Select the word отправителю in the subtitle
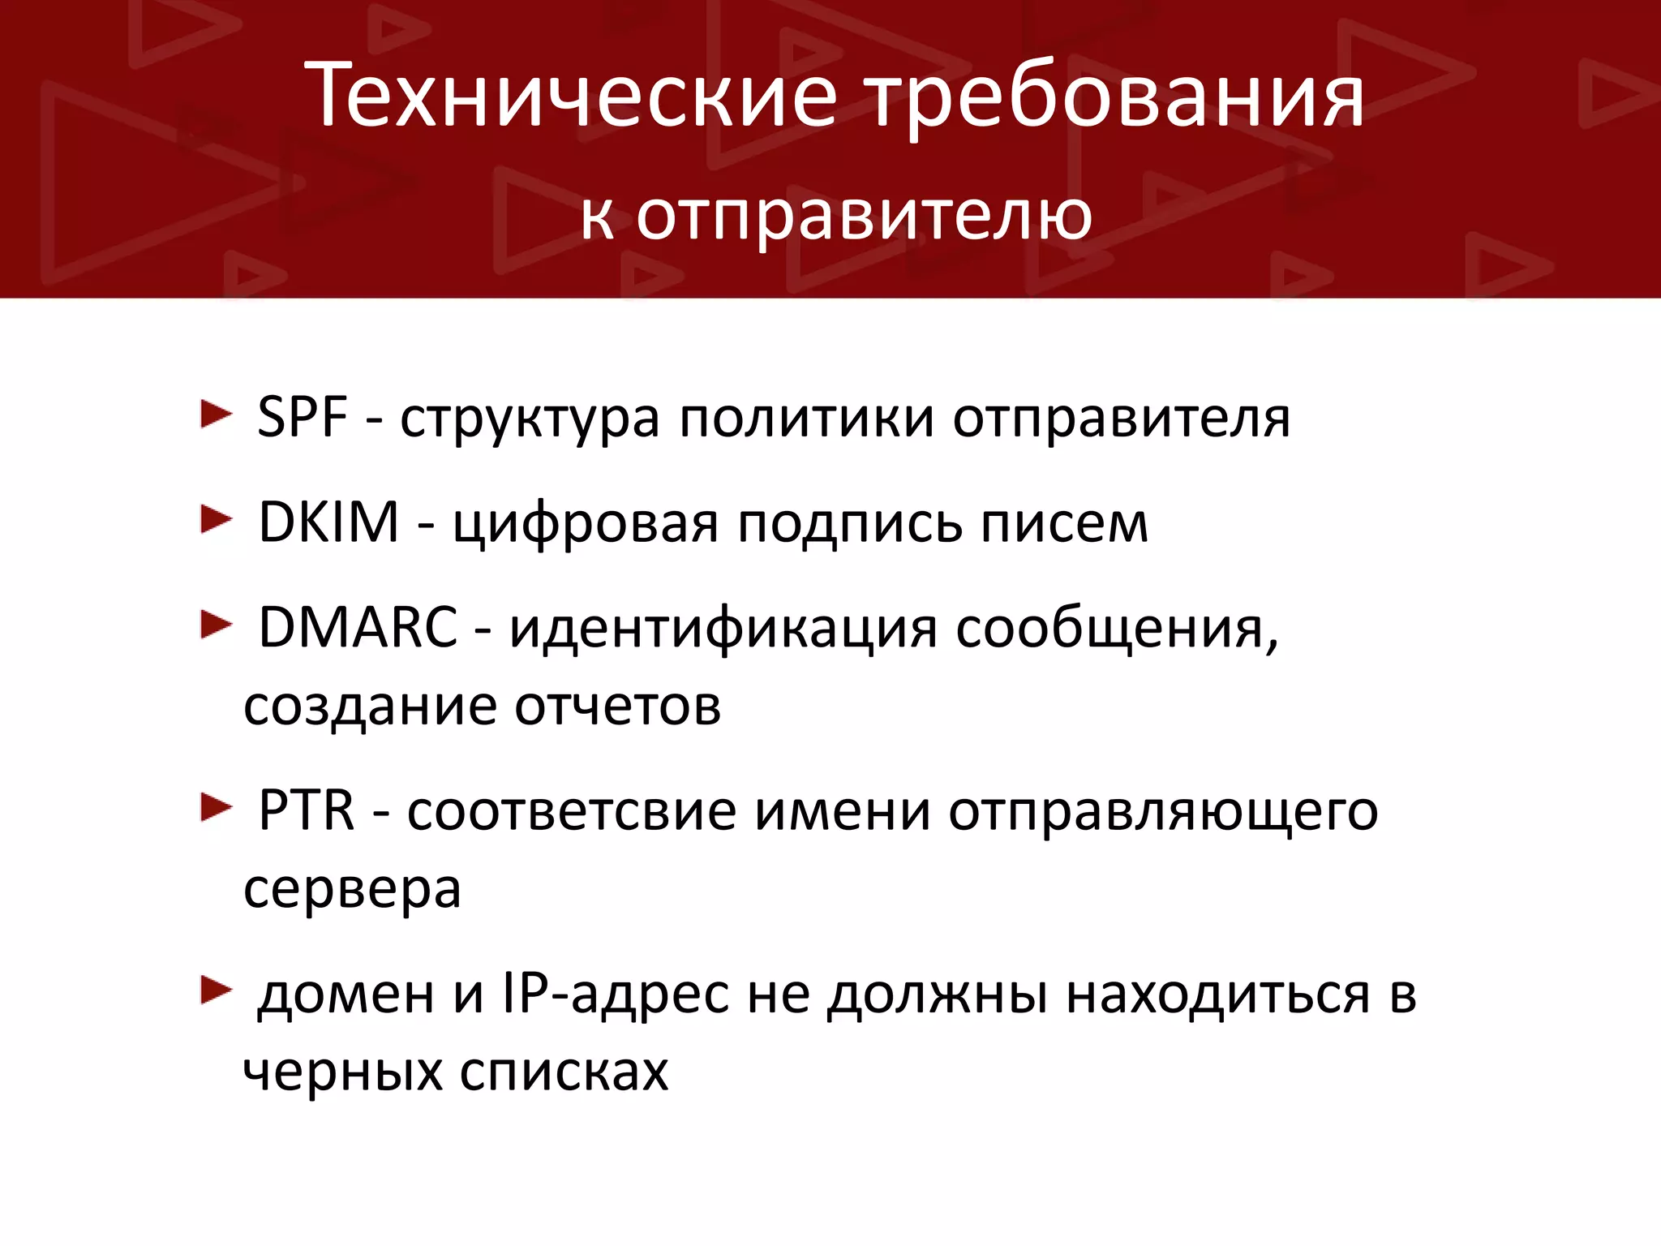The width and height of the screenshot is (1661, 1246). (864, 217)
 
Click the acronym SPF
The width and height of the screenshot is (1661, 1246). (303, 417)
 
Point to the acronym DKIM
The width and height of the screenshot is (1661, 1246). (328, 522)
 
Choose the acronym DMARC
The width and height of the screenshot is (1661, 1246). (358, 627)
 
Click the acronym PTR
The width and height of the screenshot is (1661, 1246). (307, 810)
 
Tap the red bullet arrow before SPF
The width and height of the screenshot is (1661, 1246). (216, 415)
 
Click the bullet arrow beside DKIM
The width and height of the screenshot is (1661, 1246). (216, 520)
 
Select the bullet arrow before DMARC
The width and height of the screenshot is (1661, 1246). (216, 625)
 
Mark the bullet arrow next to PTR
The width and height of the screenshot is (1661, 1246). (216, 808)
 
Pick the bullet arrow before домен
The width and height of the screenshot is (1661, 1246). (216, 990)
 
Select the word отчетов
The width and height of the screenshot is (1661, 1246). (618, 707)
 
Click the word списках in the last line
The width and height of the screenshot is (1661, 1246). (564, 1072)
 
